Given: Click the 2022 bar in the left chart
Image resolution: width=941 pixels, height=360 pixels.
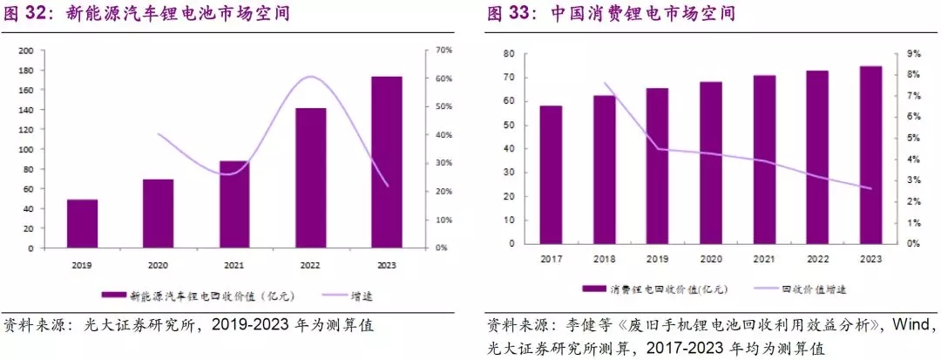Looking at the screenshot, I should (x=310, y=178).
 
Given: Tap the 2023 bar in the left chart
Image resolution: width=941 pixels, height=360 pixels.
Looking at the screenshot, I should (x=386, y=162).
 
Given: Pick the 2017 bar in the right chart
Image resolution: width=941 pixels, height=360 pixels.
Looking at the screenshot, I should (x=551, y=174).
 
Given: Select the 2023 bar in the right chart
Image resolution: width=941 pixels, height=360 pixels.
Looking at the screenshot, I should (x=870, y=154).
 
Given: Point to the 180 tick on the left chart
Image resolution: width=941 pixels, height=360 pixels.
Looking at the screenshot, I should (x=27, y=70).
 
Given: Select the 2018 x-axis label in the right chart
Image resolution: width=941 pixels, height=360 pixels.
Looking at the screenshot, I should (x=604, y=258).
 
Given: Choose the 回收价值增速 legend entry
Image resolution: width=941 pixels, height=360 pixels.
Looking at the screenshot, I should (x=813, y=289).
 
